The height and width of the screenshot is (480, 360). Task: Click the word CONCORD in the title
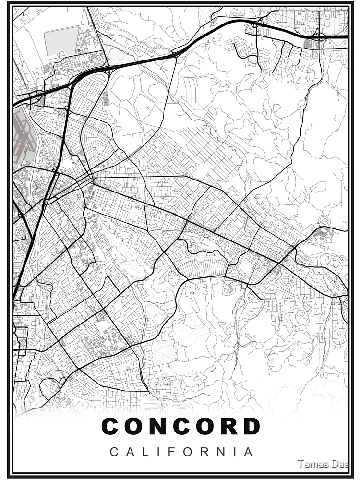[181, 426]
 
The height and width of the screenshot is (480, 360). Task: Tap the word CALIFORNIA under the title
[181, 452]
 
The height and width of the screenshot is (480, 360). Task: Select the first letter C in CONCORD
[110, 426]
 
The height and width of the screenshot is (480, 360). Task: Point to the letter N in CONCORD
[158, 426]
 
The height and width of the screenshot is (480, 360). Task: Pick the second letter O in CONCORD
[205, 426]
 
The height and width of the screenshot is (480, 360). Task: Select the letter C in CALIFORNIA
[114, 452]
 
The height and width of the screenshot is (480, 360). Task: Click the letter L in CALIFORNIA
[144, 452]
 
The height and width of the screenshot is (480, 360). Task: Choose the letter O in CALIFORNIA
[189, 452]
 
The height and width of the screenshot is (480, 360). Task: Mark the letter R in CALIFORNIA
[205, 452]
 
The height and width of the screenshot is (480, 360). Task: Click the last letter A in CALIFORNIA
[249, 452]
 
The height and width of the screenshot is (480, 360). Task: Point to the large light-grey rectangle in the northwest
[61, 42]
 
